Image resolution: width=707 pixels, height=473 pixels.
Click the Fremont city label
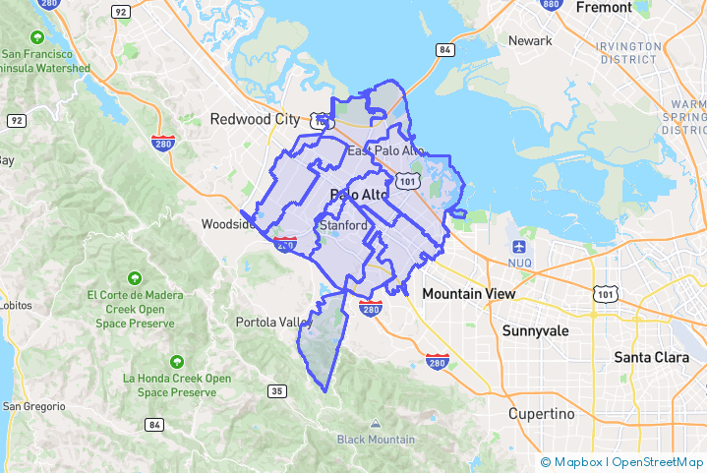604,8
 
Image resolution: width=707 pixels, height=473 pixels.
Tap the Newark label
530,40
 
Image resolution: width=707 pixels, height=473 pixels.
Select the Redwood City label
255,119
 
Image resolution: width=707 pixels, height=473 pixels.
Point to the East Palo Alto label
385,150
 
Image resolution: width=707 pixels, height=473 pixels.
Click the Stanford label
343,225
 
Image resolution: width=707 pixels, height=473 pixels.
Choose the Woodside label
228,223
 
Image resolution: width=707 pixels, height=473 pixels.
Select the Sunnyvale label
536,330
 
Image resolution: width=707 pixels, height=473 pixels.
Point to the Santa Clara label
651,357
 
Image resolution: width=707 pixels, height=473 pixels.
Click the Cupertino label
541,414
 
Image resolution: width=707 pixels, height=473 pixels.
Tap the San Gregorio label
32,406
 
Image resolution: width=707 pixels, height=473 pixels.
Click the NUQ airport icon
520,246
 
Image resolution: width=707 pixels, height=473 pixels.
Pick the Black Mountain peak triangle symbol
376,424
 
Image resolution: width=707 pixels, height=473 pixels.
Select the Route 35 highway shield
278,391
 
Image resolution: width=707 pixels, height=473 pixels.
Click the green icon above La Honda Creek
177,361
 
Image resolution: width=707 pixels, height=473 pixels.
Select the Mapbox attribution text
578,462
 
